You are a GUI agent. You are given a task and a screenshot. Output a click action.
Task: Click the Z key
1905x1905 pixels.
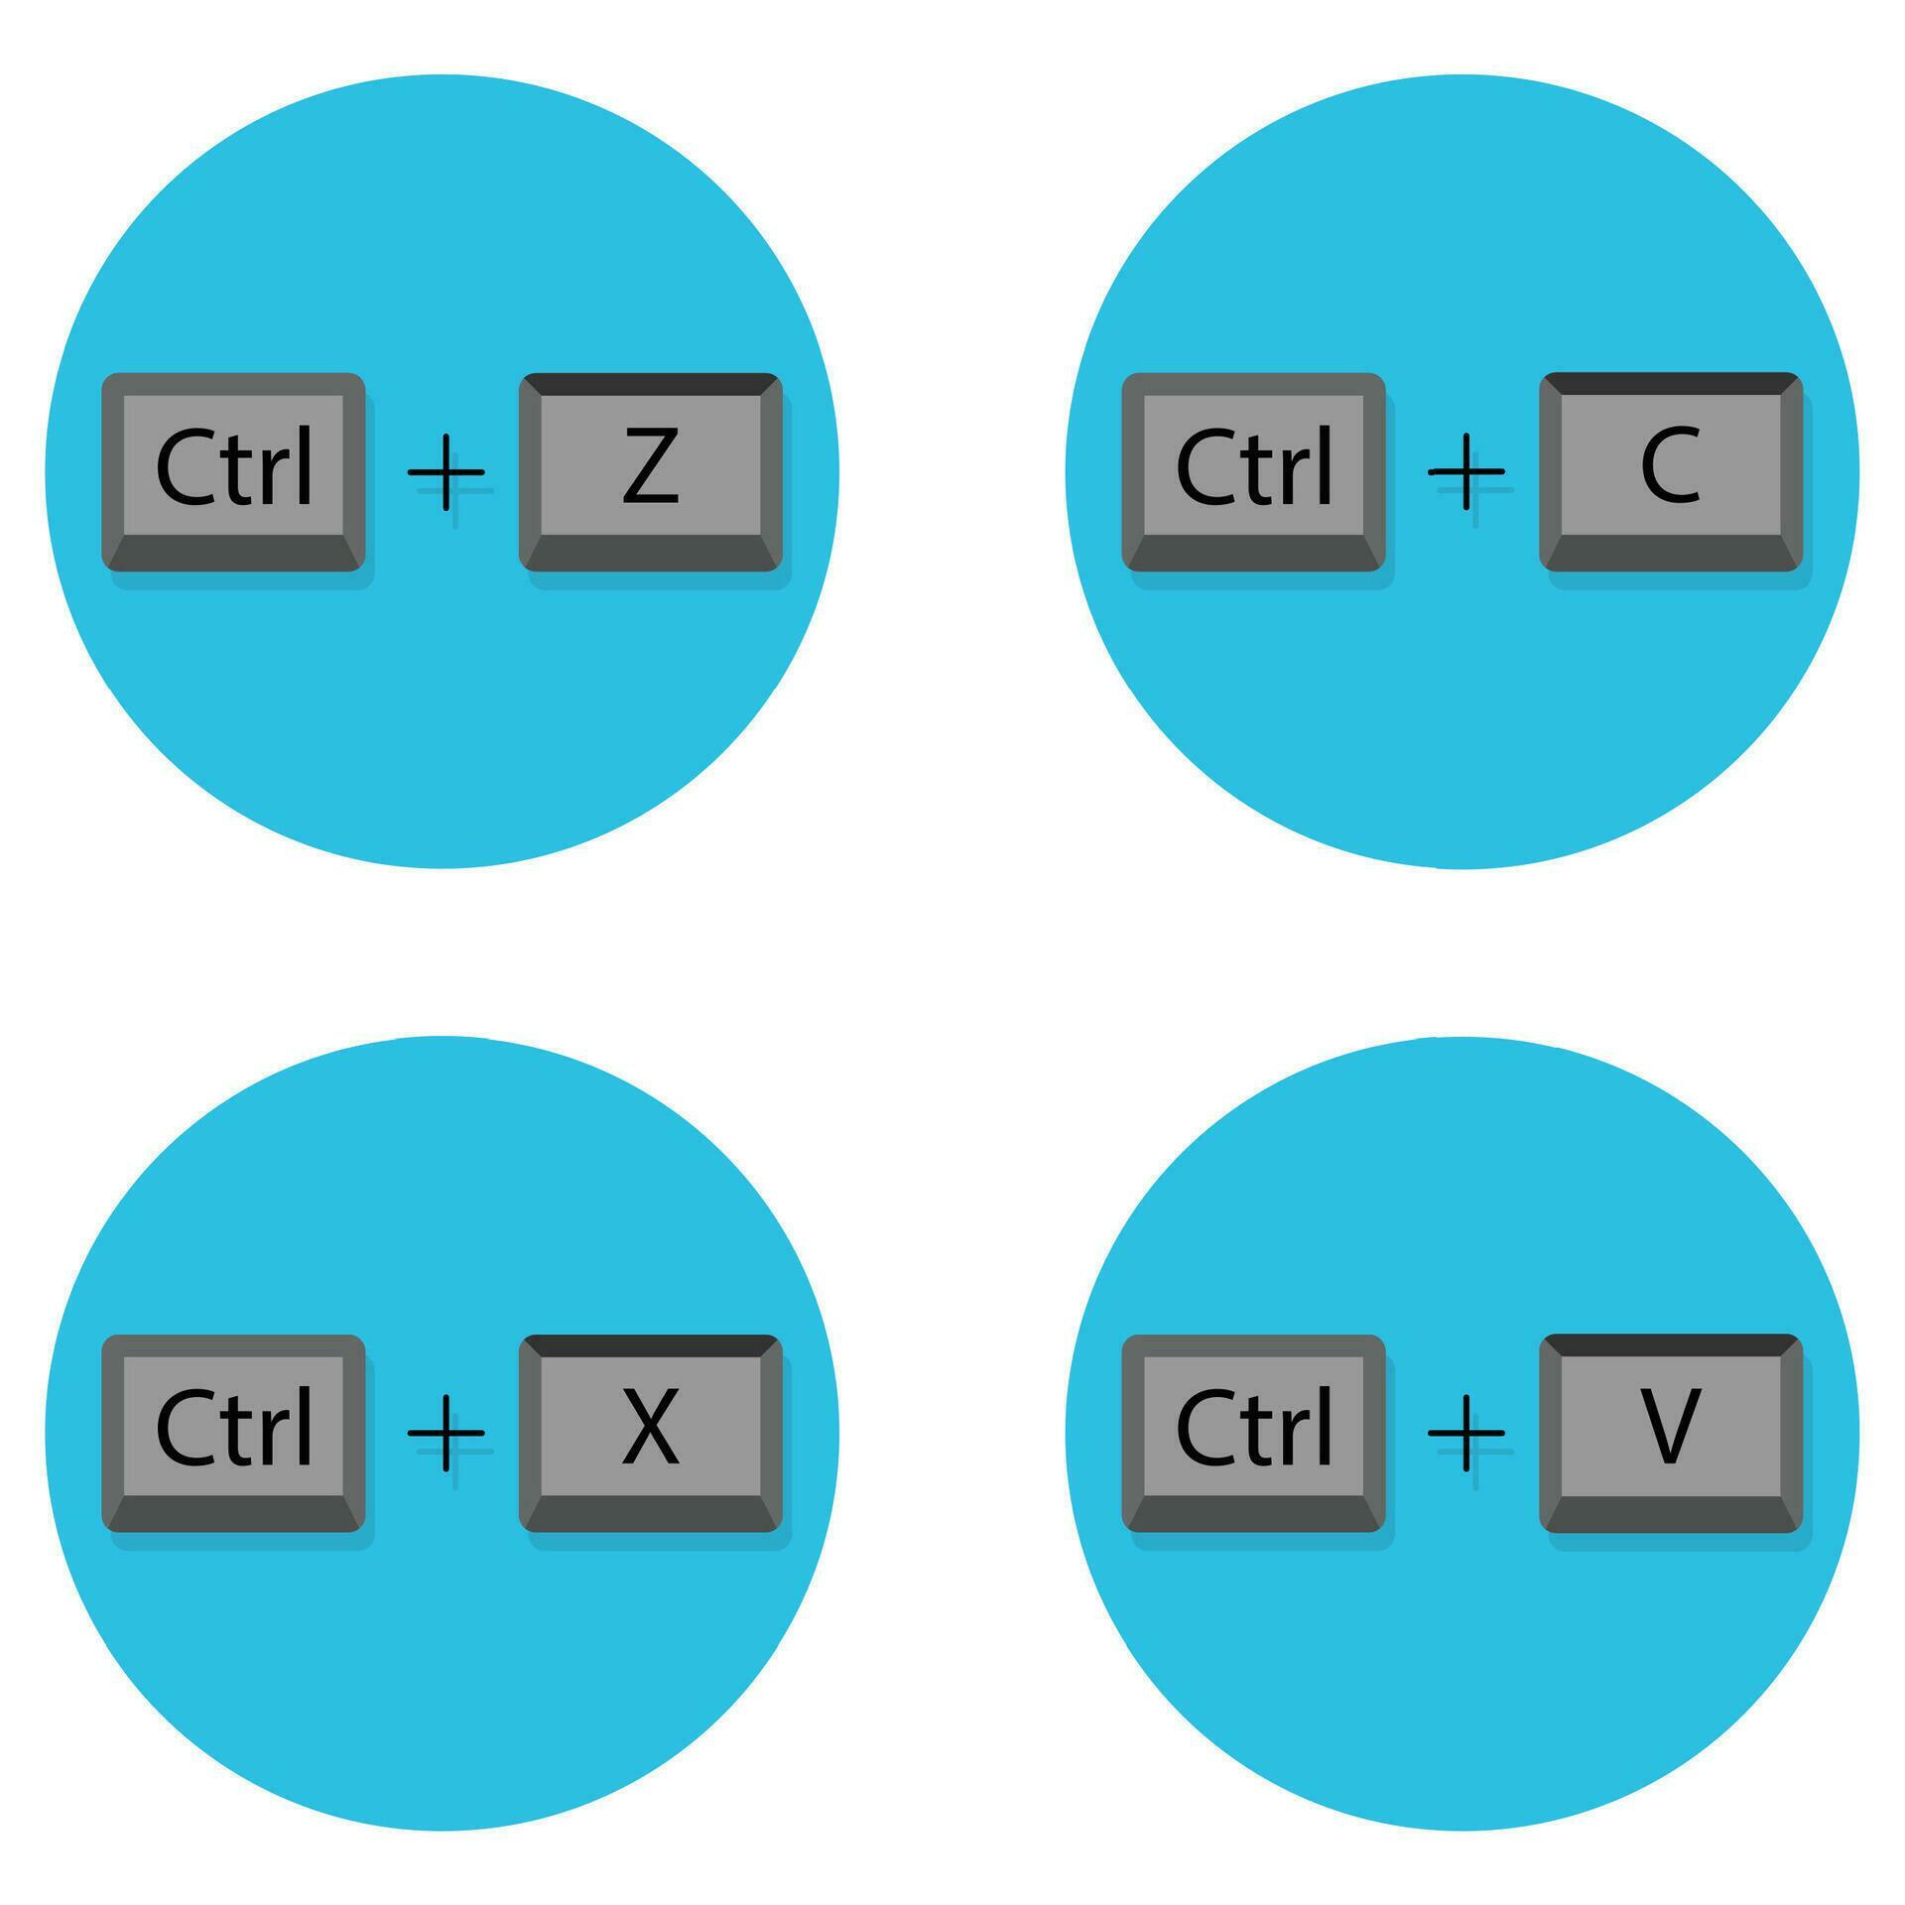[x=650, y=472]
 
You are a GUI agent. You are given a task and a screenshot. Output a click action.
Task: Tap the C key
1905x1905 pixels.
[x=1670, y=472]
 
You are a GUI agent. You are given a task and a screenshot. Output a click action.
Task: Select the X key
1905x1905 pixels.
[x=650, y=1433]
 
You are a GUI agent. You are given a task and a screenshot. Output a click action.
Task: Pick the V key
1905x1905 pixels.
[x=1670, y=1433]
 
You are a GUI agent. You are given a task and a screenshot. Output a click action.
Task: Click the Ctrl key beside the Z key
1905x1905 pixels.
[x=233, y=472]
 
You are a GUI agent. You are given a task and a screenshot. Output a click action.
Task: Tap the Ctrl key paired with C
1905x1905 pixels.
[x=1253, y=472]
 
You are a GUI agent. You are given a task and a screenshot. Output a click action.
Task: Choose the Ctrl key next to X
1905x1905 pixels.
[x=233, y=1433]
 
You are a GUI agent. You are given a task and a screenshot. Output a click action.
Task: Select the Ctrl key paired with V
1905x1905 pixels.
[x=1253, y=1433]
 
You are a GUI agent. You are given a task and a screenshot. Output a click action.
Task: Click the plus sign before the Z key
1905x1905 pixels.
[x=446, y=472]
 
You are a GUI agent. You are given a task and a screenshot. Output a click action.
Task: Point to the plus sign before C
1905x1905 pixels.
[x=1466, y=472]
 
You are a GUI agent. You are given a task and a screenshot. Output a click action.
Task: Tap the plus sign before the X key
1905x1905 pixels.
[x=446, y=1433]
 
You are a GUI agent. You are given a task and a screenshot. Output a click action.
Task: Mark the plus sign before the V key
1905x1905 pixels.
[x=1466, y=1433]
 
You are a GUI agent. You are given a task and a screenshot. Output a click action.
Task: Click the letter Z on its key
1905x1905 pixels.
[x=650, y=466]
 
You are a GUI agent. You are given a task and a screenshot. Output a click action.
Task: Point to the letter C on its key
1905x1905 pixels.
[x=1670, y=466]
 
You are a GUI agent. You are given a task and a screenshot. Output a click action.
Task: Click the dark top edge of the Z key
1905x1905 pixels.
[x=650, y=384]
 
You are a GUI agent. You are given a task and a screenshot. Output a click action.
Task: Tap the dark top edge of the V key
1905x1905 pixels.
[x=1670, y=1344]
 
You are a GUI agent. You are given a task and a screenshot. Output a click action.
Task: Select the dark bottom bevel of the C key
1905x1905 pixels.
[x=1670, y=553]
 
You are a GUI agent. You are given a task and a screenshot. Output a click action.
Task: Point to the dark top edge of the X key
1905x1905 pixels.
[x=650, y=1345]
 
